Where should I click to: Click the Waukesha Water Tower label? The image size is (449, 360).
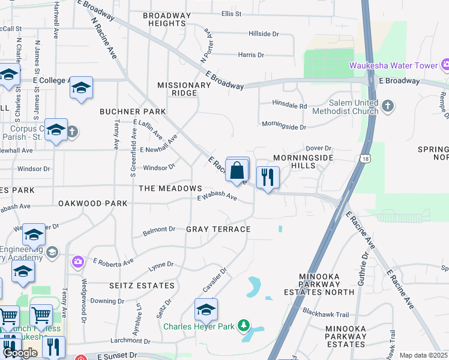pyautogui.click(x=393, y=65)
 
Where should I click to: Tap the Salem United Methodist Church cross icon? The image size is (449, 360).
pyautogui.click(x=388, y=107)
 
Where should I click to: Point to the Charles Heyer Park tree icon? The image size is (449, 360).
pyautogui.click(x=243, y=326)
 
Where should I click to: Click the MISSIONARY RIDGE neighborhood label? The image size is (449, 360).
pyautogui.click(x=184, y=89)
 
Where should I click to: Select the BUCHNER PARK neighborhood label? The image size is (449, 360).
pyautogui.click(x=133, y=112)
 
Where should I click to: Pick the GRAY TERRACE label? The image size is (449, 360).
pyautogui.click(x=218, y=229)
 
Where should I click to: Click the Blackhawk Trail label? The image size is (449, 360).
pyautogui.click(x=326, y=314)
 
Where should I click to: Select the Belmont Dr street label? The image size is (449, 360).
pyautogui.click(x=159, y=229)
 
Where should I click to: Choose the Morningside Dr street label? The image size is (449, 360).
pyautogui.click(x=284, y=127)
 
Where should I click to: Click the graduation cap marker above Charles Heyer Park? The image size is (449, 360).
pyautogui.click(x=206, y=310)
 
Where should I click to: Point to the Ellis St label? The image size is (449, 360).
pyautogui.click(x=231, y=13)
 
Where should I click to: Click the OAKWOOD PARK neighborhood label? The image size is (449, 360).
pyautogui.click(x=93, y=203)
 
